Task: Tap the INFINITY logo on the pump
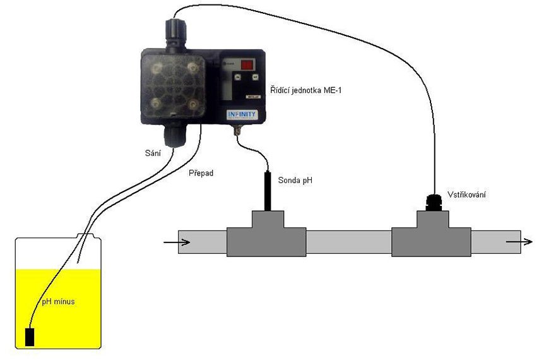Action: [x=241, y=114]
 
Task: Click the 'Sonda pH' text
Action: [x=295, y=181]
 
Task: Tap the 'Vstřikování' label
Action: [x=468, y=195]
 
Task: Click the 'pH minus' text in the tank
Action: [x=58, y=301]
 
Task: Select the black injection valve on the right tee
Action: [x=432, y=201]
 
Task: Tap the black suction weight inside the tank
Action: [x=30, y=337]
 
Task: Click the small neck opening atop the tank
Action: [x=88, y=236]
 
